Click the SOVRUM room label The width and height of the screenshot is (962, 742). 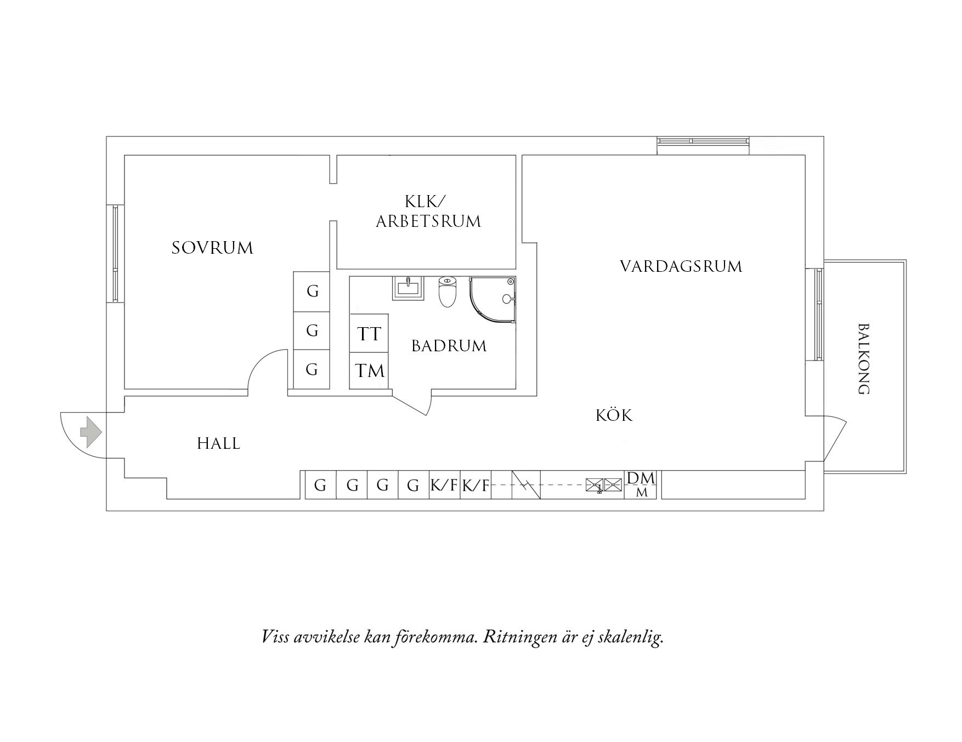coord(212,248)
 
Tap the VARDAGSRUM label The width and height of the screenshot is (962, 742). coord(681,267)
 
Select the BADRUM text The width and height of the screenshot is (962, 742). coord(449,346)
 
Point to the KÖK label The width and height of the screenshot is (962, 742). coord(614,415)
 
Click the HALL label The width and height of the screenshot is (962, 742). coord(218,443)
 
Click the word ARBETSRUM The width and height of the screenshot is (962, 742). coord(428,221)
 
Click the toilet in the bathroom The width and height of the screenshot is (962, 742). coord(448,292)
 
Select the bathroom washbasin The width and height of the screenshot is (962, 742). coord(408,288)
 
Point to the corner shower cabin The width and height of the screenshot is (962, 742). coord(493,300)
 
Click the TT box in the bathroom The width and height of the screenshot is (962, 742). coord(369,333)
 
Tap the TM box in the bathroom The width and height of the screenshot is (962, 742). coord(369,371)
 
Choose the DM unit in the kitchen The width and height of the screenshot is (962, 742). coord(641,484)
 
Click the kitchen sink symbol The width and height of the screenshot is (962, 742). coord(604,484)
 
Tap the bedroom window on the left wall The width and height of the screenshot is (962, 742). coord(115,253)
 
